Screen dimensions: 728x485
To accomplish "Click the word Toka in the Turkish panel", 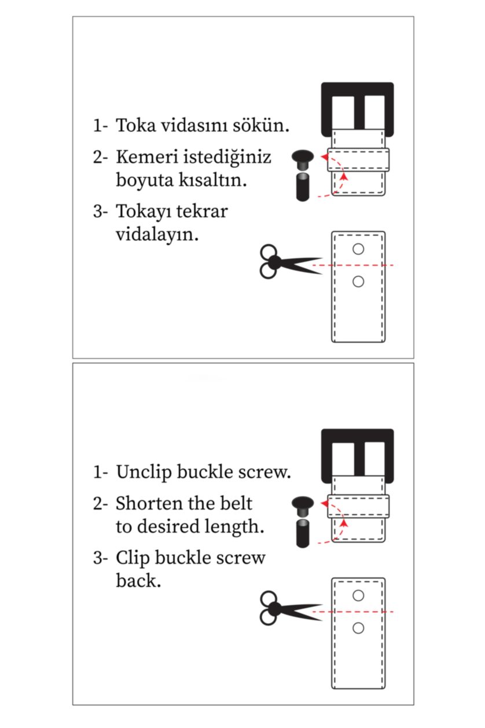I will click(x=136, y=126).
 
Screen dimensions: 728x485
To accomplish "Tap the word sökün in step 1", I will click(x=264, y=126).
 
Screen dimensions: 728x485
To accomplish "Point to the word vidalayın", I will click(x=157, y=235).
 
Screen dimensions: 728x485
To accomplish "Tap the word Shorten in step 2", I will click(x=150, y=503).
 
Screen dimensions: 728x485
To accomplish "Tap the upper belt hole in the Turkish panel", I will click(x=358, y=250).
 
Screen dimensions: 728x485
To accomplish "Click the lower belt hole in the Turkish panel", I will click(x=358, y=281).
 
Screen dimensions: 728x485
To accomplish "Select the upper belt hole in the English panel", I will click(x=358, y=595).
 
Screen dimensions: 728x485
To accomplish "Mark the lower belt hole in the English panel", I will click(x=358, y=628).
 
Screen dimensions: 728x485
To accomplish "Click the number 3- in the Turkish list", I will click(x=101, y=211).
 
